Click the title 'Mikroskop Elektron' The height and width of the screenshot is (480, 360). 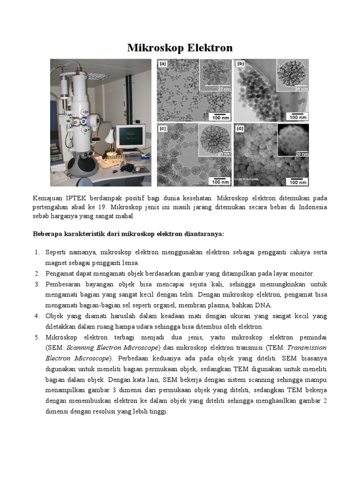coord(180,48)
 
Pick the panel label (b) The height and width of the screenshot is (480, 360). coord(241,63)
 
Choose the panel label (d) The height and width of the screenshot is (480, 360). coord(241,127)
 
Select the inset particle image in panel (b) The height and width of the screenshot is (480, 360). coord(293,75)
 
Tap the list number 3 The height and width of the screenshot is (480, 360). coord(37,285)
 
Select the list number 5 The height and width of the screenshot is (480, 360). coord(37,337)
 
